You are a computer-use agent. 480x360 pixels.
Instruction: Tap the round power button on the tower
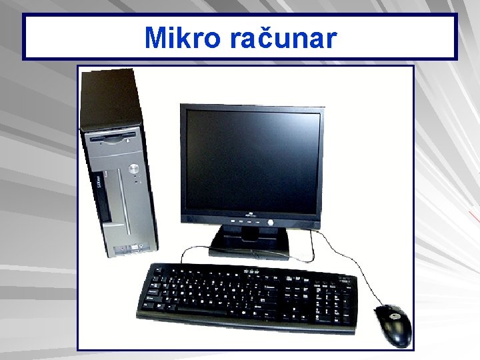(134, 167)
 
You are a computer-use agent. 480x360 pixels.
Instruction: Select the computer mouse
(393, 325)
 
